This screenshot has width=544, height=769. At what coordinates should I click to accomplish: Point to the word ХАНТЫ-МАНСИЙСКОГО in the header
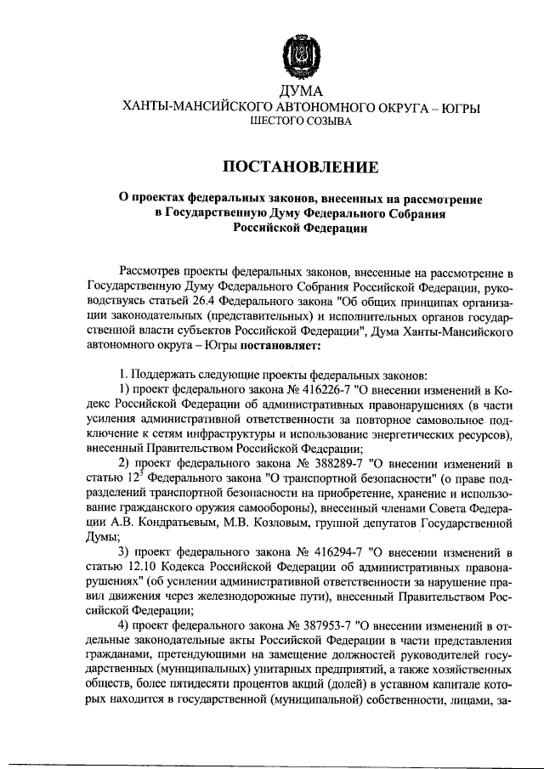(190, 107)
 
